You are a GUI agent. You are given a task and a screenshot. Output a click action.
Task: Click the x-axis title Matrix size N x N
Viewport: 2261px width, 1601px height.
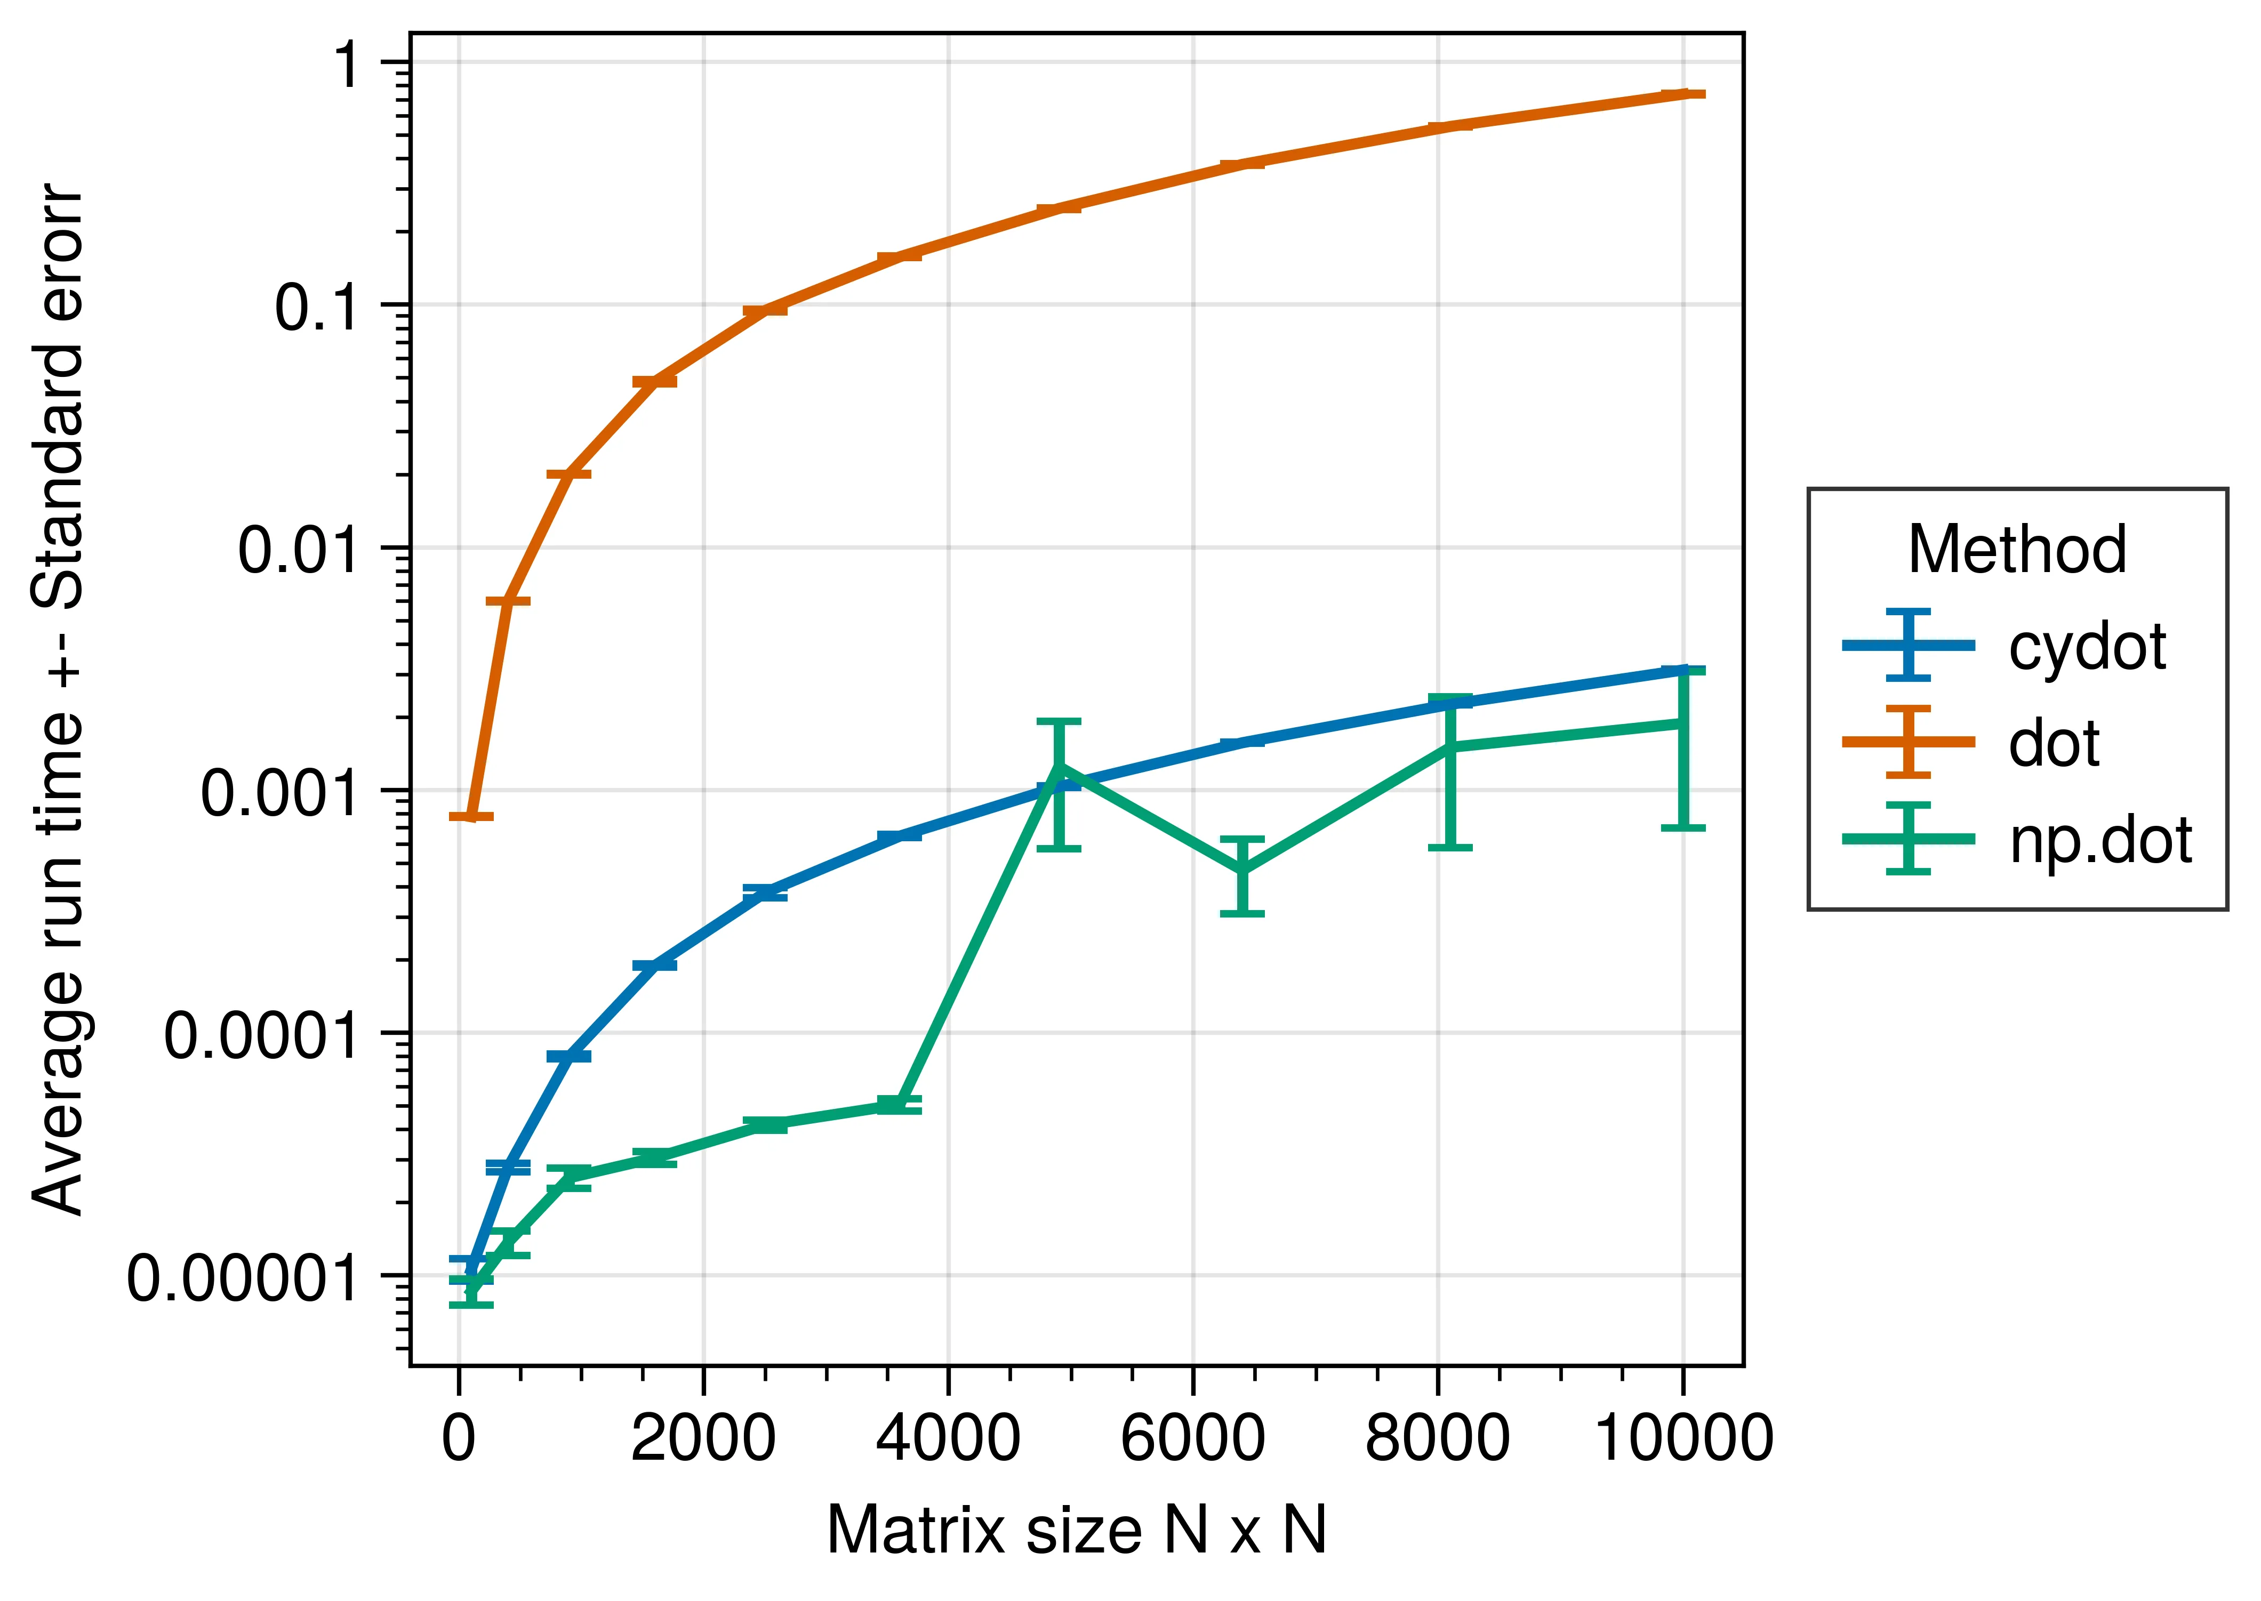point(1077,1531)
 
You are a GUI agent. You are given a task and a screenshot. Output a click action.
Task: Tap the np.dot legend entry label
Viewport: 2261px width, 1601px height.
point(2100,841)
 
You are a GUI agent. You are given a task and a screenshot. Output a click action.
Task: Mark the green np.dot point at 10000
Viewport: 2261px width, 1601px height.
point(1683,723)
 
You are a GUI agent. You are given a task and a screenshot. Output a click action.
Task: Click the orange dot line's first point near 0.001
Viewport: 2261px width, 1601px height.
point(471,816)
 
